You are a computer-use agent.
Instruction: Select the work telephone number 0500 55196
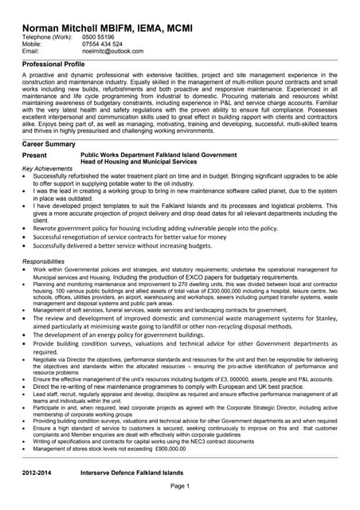click(99, 37)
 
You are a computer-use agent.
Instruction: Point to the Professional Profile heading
click(53, 63)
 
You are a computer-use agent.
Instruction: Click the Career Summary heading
click(49, 144)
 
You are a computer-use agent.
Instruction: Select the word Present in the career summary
click(34, 155)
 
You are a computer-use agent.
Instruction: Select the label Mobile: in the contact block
click(33, 44)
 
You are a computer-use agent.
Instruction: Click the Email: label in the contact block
click(31, 51)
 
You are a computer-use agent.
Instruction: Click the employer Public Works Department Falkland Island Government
click(158, 155)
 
